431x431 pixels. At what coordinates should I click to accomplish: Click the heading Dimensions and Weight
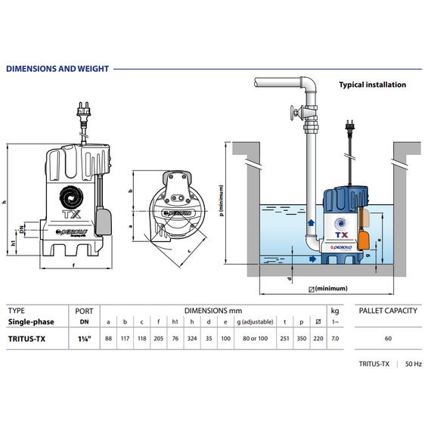[57, 69]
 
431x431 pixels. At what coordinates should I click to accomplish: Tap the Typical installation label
[373, 85]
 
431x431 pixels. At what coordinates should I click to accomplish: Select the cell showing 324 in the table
[192, 339]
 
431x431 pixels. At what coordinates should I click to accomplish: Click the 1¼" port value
[85, 339]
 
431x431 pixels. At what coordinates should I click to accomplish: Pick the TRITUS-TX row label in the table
[26, 339]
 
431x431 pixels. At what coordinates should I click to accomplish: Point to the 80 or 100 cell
[255, 339]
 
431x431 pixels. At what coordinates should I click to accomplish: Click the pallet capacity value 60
[388, 339]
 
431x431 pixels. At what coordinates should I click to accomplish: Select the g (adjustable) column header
[255, 322]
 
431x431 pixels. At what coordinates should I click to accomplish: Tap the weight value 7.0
[335, 339]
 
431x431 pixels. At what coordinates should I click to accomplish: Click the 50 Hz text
[414, 364]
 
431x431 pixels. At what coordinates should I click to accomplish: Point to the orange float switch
[364, 240]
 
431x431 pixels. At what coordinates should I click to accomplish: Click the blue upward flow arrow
[311, 222]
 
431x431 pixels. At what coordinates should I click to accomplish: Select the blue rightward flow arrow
[312, 259]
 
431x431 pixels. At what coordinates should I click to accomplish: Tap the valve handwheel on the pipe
[293, 112]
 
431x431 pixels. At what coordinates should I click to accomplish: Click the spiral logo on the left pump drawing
[71, 197]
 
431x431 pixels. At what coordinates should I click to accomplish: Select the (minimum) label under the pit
[331, 289]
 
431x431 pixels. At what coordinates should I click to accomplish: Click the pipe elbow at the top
[309, 85]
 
